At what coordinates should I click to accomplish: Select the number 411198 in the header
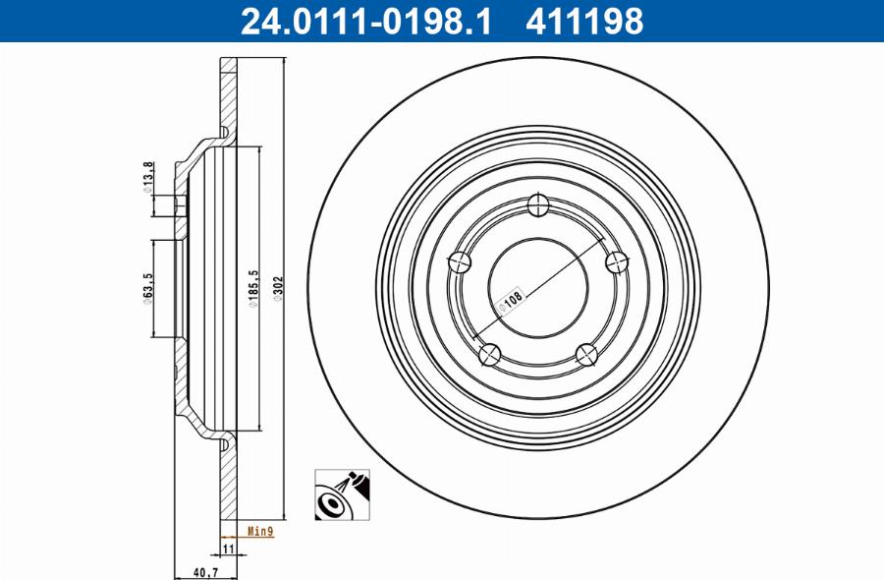pos(584,21)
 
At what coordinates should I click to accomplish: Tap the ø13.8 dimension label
pos(148,177)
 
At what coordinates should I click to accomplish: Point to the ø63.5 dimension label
pos(146,290)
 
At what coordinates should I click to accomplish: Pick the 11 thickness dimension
pos(225,549)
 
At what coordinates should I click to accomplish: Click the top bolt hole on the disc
pos(537,205)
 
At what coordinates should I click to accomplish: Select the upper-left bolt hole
pos(460,261)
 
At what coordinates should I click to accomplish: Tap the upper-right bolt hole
pos(616,261)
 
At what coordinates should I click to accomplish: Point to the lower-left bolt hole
pos(489,353)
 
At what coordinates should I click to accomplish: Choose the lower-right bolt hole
pos(586,353)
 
